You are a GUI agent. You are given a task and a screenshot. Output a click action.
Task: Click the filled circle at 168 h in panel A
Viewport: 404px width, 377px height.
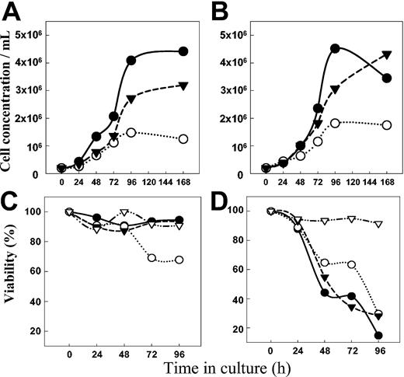tap(183, 51)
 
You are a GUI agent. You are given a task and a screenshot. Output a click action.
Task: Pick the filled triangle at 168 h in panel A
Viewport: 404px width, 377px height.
tap(183, 86)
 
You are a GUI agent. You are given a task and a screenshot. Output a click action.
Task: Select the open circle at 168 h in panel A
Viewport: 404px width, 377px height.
tap(183, 139)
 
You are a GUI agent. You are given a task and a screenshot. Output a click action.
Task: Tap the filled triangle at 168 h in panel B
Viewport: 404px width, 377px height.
tap(387, 54)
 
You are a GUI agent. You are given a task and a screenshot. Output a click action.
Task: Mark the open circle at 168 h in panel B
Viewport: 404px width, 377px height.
tap(387, 124)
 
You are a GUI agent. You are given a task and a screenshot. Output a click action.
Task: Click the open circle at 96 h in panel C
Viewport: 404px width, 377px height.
tap(179, 260)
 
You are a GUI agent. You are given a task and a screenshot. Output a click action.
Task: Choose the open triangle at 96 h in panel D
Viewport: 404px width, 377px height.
tap(378, 224)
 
